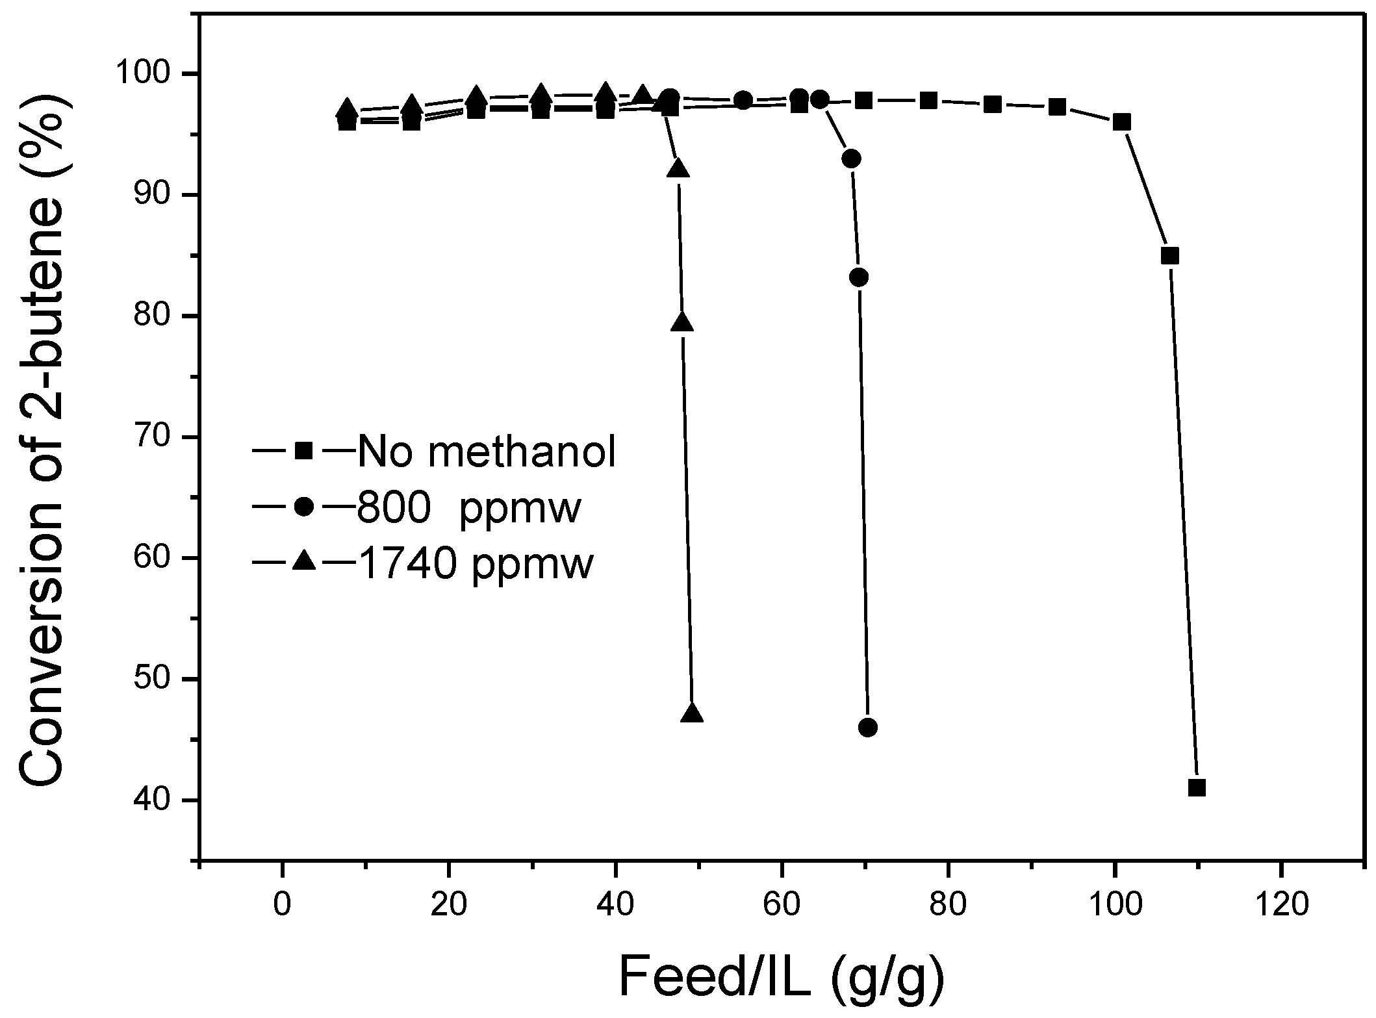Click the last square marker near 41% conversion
pyautogui.click(x=1197, y=788)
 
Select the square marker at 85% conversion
pyautogui.click(x=1169, y=256)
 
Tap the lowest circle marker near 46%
pyautogui.click(x=868, y=728)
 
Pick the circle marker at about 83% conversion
pyautogui.click(x=859, y=277)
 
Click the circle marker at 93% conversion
pyautogui.click(x=851, y=159)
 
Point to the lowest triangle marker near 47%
pyautogui.click(x=693, y=713)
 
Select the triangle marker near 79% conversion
pyautogui.click(x=682, y=322)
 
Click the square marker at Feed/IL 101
pyautogui.click(x=1122, y=122)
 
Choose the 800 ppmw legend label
pyautogui.click(x=468, y=508)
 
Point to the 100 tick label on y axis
pyautogui.click(x=155, y=74)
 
